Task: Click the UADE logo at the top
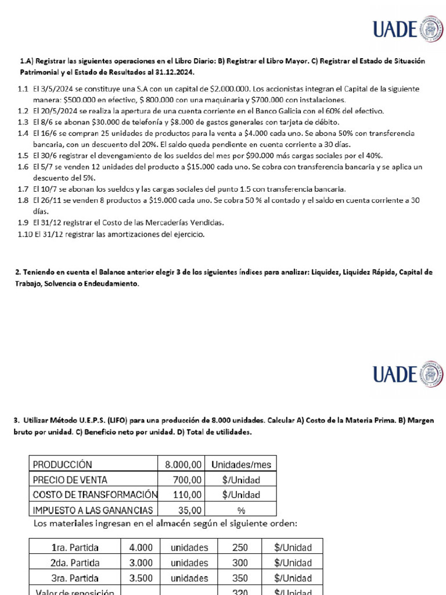[x=407, y=28]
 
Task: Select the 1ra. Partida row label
[x=75, y=547]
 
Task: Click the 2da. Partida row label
[x=75, y=562]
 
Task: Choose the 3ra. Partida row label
[x=75, y=578]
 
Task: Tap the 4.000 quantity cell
[x=141, y=547]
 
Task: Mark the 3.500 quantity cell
[x=141, y=578]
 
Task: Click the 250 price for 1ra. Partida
[x=239, y=547]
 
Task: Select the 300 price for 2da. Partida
[x=239, y=562]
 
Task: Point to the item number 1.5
[x=23, y=155]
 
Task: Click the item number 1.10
[x=24, y=234]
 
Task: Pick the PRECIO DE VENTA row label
[x=70, y=479]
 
